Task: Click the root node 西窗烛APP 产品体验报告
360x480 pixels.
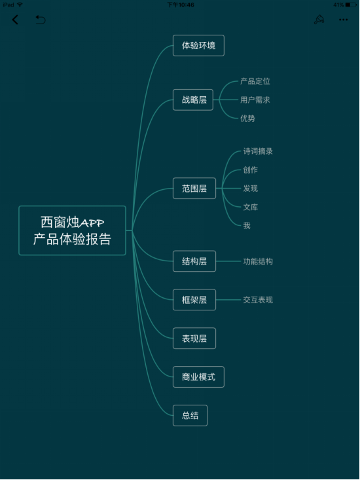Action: (72, 231)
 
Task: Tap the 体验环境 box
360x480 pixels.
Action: (198, 46)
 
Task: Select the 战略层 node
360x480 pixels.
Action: (193, 100)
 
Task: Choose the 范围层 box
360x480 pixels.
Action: (194, 188)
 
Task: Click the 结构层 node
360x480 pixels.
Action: (194, 261)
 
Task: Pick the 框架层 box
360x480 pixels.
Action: (194, 300)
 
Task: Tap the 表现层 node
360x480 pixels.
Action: (194, 339)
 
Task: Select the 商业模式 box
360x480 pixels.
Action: (198, 377)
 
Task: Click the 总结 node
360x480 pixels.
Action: (190, 415)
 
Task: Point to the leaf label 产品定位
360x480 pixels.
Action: (255, 81)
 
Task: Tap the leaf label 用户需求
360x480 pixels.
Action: (255, 100)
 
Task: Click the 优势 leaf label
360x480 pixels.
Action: (248, 118)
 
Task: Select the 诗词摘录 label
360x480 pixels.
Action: (258, 151)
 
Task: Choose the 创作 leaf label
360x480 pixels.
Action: (251, 170)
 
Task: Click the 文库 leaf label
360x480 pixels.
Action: (251, 207)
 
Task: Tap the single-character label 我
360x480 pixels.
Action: (247, 226)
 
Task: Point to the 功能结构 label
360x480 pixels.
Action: (258, 261)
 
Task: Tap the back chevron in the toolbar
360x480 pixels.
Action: (15, 20)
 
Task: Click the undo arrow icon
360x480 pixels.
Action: (41, 20)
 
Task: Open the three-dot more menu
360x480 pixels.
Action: (343, 20)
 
